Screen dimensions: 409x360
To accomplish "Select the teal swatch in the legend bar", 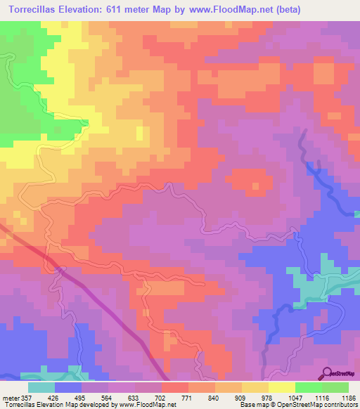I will pos(41,387).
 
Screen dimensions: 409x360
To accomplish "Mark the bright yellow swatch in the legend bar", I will pos(281,387).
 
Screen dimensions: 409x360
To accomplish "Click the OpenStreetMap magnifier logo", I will pos(328,373).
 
